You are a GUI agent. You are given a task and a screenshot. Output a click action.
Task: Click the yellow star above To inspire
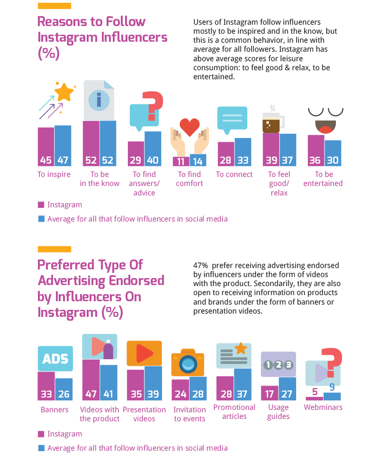tap(64, 92)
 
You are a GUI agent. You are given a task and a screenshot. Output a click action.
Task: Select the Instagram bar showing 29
tap(136, 154)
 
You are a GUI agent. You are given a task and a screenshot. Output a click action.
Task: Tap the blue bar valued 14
tap(198, 160)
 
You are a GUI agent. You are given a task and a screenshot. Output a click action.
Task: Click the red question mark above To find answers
tap(152, 106)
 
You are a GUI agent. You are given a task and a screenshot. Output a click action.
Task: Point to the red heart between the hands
tap(189, 127)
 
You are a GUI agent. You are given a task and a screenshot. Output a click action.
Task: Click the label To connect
tap(234, 175)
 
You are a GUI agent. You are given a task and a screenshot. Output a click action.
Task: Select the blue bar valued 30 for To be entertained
tap(333, 153)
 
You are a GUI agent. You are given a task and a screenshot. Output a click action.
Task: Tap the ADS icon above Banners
tap(55, 359)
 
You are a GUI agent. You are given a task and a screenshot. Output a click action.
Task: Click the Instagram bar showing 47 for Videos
tap(91, 380)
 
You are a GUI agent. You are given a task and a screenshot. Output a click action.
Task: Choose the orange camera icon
tap(188, 362)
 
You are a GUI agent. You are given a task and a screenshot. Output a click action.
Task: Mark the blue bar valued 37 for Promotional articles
tap(243, 384)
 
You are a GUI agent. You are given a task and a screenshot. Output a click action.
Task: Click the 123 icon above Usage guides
tap(279, 365)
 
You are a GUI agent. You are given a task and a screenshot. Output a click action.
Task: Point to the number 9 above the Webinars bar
tap(332, 387)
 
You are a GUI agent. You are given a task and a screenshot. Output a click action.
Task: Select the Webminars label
tap(323, 407)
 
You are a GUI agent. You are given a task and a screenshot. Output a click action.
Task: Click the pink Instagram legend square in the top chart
tap(41, 205)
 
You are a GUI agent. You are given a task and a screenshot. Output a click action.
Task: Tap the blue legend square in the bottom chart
tap(41, 448)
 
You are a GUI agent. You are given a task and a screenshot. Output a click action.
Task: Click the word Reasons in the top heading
tap(62, 22)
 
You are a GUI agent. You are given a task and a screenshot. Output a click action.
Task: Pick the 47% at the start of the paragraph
tap(200, 266)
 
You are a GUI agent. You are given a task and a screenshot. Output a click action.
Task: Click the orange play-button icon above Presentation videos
tap(144, 353)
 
